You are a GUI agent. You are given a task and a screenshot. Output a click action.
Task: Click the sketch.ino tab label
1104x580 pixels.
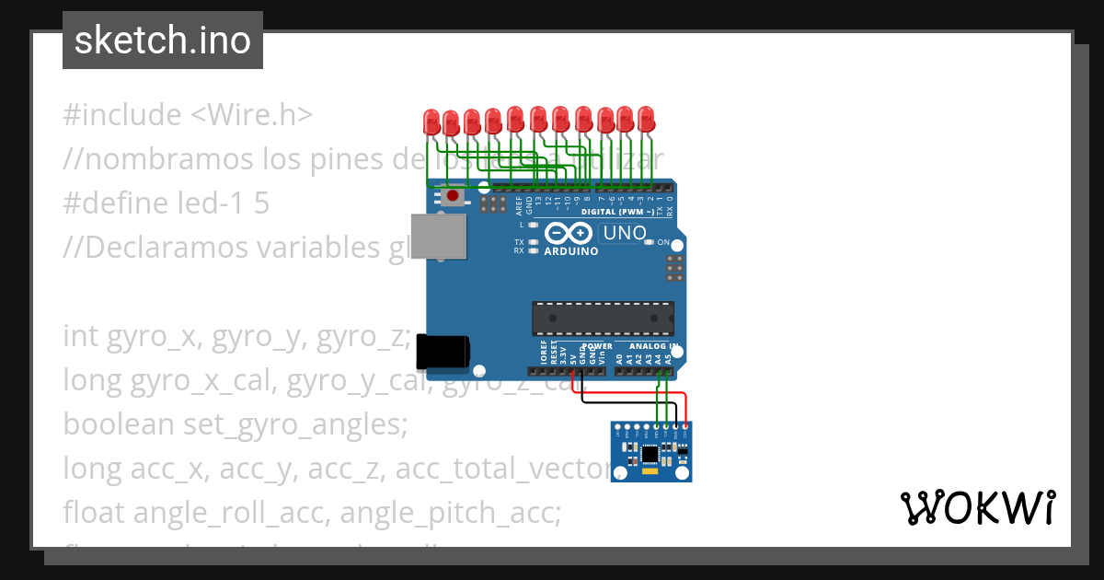pos(163,41)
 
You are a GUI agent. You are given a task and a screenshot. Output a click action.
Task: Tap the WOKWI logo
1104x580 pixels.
pos(977,507)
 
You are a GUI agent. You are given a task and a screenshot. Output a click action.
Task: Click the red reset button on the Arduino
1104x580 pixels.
pos(453,196)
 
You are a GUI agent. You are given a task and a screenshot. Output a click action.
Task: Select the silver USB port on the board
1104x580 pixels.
pos(437,238)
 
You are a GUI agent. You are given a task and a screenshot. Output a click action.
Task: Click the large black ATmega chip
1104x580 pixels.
pos(602,318)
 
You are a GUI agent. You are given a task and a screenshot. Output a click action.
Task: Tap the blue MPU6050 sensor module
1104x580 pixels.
pos(651,452)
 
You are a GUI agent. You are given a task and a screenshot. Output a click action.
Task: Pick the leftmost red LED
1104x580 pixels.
pos(431,121)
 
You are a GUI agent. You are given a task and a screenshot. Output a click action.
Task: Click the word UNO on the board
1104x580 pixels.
pos(625,234)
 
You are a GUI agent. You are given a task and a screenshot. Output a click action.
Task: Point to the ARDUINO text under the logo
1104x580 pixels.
pos(570,250)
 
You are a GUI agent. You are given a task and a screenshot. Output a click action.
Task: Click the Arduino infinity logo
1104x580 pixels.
pos(570,234)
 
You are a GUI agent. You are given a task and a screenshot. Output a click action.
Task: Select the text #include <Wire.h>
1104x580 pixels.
pos(188,115)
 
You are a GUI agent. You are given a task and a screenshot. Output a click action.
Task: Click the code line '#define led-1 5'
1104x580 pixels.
pos(166,203)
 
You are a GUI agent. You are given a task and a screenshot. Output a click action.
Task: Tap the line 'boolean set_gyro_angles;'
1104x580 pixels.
pos(235,424)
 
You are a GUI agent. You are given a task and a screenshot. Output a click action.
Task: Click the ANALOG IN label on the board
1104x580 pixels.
pos(653,346)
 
